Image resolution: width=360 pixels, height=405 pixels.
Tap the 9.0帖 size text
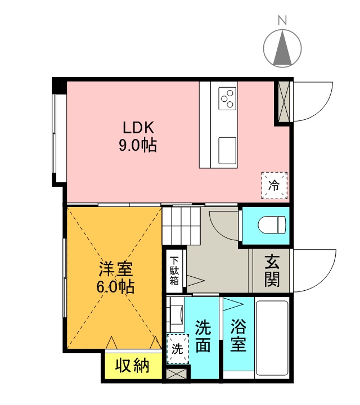(x=137, y=146)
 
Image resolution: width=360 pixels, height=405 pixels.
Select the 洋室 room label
(x=115, y=268)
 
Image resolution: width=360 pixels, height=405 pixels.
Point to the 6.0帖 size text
(x=115, y=287)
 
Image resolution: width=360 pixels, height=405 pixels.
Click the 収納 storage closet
(x=133, y=366)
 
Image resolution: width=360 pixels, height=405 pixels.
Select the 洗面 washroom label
(x=202, y=336)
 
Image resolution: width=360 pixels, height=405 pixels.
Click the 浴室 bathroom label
(x=238, y=336)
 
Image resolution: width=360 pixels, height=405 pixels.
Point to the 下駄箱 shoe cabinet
(x=175, y=271)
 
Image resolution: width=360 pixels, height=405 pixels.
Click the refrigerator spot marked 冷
(x=274, y=185)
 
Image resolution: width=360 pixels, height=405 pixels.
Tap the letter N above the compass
(x=282, y=21)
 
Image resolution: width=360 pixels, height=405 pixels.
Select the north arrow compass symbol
(x=282, y=47)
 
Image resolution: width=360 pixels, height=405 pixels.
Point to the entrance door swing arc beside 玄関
(x=315, y=271)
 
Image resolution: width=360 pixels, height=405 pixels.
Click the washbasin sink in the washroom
(x=176, y=314)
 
